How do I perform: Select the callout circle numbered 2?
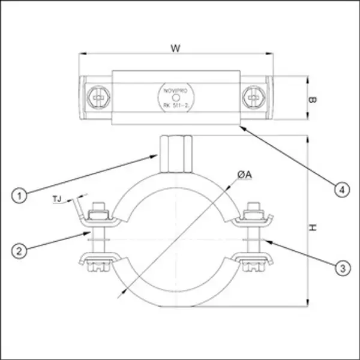pos(20,250)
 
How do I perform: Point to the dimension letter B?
pos(312,100)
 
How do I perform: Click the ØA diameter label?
pos(244,175)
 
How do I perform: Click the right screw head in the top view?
pos(251,97)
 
